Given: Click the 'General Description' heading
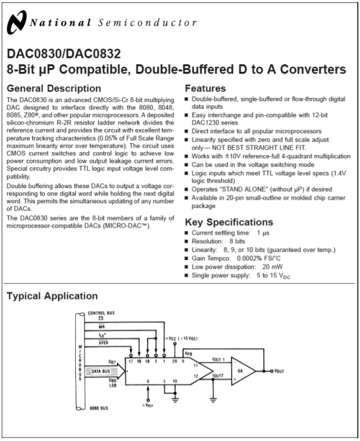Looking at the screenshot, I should click(x=54, y=89).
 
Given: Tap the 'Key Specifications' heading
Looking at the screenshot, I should click(x=228, y=223).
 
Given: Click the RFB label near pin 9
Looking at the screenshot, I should click(x=189, y=352).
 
